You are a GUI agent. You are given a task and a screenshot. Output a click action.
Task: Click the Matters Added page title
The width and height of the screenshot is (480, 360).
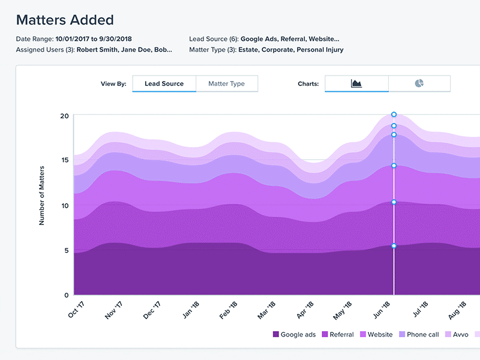tap(65, 20)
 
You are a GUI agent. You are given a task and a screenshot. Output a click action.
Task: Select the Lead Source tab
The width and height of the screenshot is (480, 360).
tap(164, 83)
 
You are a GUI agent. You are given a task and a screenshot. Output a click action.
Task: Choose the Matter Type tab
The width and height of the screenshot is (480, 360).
tap(226, 83)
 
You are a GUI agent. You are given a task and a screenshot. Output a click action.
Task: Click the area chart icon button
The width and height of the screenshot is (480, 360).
tap(356, 83)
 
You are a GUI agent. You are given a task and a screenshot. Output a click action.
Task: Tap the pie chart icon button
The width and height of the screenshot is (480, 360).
tap(419, 83)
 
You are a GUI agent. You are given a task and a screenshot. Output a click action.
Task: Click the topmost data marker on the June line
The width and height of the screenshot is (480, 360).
tap(394, 114)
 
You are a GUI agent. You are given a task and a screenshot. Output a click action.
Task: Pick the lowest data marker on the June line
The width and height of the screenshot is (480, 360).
tap(394, 246)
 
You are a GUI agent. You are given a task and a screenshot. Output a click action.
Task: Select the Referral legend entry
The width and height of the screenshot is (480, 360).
tap(338, 335)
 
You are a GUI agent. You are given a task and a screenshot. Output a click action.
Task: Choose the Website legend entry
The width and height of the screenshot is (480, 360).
tap(376, 335)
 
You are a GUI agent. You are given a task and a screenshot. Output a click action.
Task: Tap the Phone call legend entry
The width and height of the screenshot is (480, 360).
tap(419, 335)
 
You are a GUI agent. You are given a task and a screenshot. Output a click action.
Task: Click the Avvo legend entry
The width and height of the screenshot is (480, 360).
tap(456, 335)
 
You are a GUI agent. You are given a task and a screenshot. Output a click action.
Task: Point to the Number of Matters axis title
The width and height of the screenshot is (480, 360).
tap(42, 196)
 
